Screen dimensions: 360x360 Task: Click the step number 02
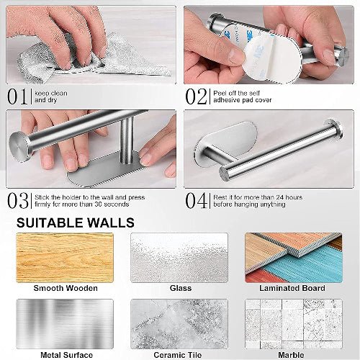coord(197,96)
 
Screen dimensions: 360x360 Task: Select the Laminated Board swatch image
coord(293,257)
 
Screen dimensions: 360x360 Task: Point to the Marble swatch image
coord(293,323)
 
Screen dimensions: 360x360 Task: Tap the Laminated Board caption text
coord(293,288)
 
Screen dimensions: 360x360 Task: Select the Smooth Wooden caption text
coord(66,288)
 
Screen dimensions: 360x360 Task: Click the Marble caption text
coord(293,354)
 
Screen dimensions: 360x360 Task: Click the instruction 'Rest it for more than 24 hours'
coord(257,197)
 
